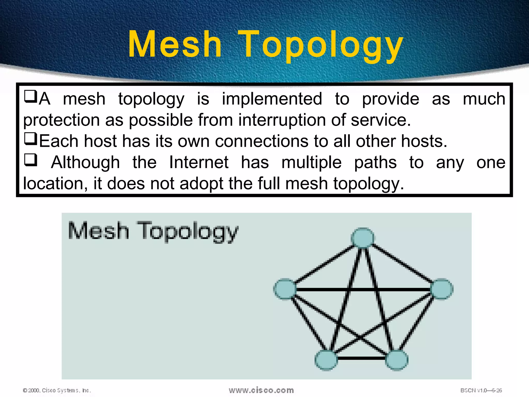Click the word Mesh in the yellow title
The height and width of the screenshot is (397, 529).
pyautogui.click(x=175, y=44)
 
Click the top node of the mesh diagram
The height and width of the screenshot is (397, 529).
pyautogui.click(x=363, y=238)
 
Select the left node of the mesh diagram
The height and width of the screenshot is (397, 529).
pyautogui.click(x=285, y=289)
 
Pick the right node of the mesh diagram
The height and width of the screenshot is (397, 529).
pyautogui.click(x=442, y=289)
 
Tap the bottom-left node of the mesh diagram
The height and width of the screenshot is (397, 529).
pyautogui.click(x=326, y=360)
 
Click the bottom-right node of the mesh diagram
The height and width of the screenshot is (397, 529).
pyautogui.click(x=396, y=360)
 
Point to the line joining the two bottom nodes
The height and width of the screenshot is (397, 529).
pyautogui.click(x=362, y=358)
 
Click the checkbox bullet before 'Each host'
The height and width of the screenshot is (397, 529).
pyautogui.click(x=30, y=139)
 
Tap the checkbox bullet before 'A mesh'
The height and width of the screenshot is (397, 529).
pyautogui.click(x=30, y=97)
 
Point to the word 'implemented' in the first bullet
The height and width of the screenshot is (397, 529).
pyautogui.click(x=272, y=99)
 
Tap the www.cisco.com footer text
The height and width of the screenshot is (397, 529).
pyautogui.click(x=261, y=390)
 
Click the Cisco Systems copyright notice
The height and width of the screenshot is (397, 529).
pyautogui.click(x=57, y=390)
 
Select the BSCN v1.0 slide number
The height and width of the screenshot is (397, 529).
pyautogui.click(x=481, y=390)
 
